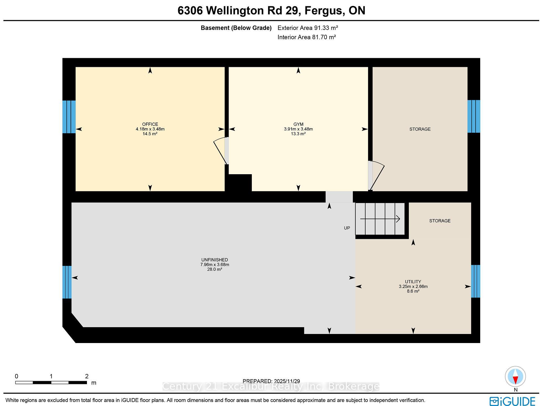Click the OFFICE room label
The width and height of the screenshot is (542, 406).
point(150,124)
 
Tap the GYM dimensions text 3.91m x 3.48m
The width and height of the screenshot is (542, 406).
point(298,129)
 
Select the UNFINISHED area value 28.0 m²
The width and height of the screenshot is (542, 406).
point(215,269)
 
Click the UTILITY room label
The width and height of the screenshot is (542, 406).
point(413,281)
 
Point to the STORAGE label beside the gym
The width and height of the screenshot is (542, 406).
point(420,129)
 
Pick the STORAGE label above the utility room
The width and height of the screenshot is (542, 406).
point(440,221)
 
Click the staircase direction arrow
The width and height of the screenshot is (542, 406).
point(380,219)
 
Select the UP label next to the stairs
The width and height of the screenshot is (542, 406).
point(347,228)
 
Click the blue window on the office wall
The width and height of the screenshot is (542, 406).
point(69,117)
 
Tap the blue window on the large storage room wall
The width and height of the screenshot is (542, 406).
point(473,116)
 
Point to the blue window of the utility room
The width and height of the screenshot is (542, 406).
point(475,281)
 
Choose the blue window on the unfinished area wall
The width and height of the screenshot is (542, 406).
point(67,282)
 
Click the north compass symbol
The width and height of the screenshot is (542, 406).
point(515,377)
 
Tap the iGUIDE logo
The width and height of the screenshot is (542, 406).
point(512,401)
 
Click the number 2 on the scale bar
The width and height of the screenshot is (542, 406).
point(87,376)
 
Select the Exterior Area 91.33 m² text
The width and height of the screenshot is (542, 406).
point(307,28)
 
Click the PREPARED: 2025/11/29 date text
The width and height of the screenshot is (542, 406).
point(271,381)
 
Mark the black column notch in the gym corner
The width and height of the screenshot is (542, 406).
point(240,183)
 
